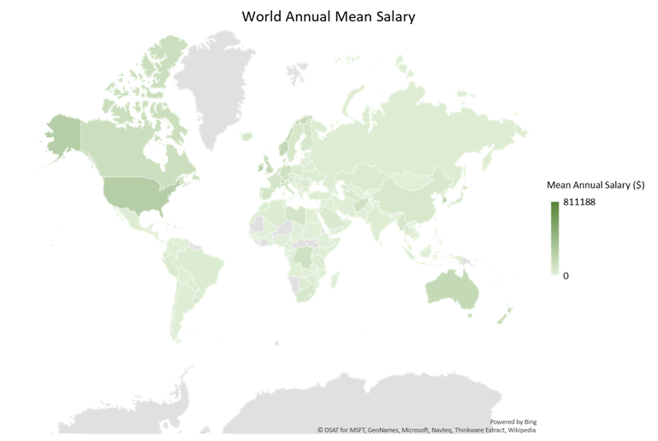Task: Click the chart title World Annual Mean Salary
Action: pos(329,16)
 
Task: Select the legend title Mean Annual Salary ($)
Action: pos(596,185)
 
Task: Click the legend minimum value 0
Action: pos(566,275)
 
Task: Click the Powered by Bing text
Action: pos(513,422)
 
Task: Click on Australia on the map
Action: pos(451,290)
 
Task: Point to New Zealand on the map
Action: pos(504,315)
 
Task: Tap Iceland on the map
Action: pos(247,136)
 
